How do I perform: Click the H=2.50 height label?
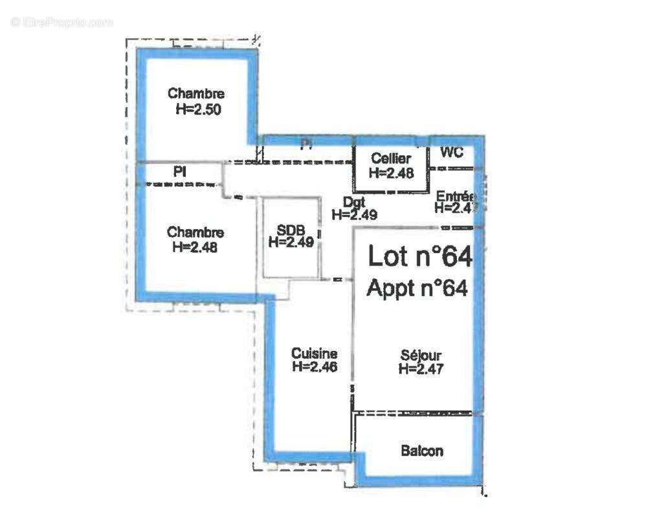tap(198, 109)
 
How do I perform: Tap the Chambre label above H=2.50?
tap(196, 94)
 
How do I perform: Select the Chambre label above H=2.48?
tap(195, 232)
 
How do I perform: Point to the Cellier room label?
tap(390, 159)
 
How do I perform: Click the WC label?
tap(452, 153)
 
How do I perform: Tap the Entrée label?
tap(456, 196)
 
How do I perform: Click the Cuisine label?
tap(314, 354)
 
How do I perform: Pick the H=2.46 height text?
tap(315, 366)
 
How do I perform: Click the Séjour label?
tap(421, 355)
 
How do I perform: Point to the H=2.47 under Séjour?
tap(421, 369)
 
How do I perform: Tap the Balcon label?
tap(422, 451)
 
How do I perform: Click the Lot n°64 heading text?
tap(420, 256)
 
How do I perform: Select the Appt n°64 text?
tap(417, 288)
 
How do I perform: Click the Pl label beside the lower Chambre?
tap(179, 172)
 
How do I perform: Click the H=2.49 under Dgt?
tap(354, 215)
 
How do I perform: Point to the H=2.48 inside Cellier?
tap(390, 172)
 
